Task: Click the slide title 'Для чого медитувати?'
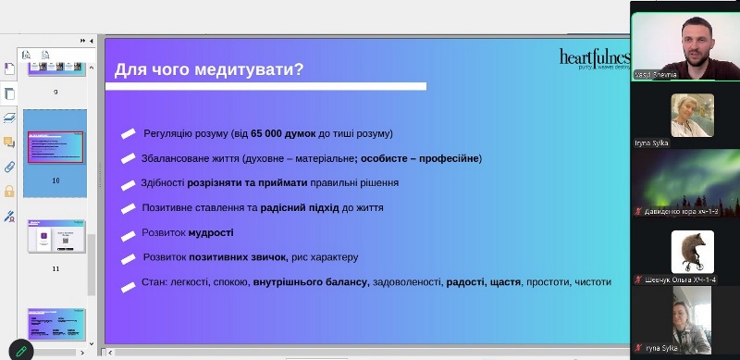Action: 209,69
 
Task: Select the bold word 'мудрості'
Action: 211,232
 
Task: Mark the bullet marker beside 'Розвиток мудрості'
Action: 128,233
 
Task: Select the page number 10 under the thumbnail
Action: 55,180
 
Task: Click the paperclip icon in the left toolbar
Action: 10,168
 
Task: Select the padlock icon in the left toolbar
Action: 10,192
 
